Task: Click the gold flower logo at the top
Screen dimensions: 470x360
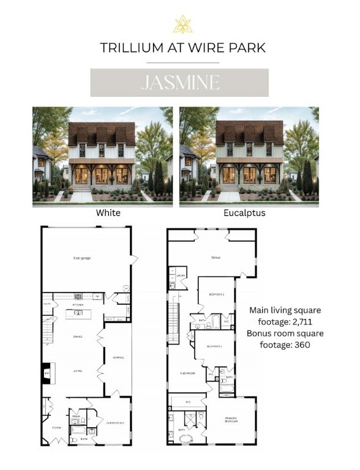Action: (182, 24)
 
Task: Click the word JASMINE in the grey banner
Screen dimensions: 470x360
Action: (179, 83)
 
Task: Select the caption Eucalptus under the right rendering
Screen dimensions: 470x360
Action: (249, 214)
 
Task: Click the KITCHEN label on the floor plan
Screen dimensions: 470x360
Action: (78, 305)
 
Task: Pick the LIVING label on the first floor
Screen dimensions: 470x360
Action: (78, 370)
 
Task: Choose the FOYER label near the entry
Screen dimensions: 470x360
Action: (56, 428)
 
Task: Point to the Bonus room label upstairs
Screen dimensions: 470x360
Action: (215, 258)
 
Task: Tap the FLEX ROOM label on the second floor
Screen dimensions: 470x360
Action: (187, 372)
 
